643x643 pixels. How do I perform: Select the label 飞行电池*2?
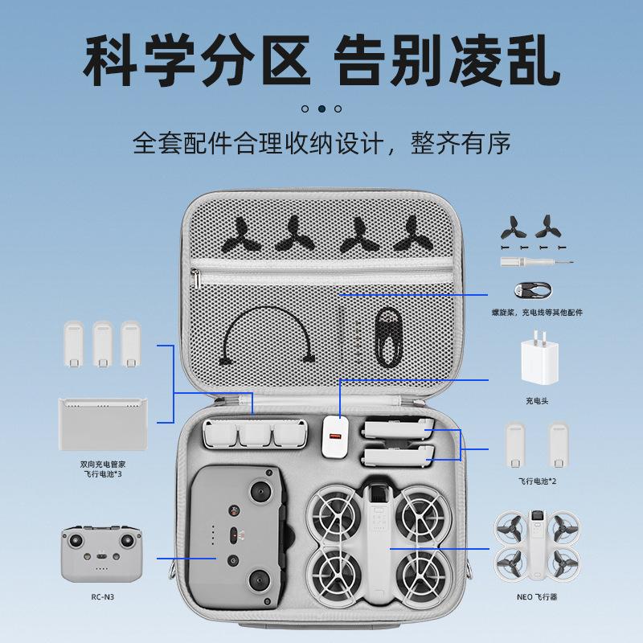[x=536, y=480]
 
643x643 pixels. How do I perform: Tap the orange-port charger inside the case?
[x=336, y=437]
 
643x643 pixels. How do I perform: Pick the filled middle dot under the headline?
[x=321, y=108]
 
